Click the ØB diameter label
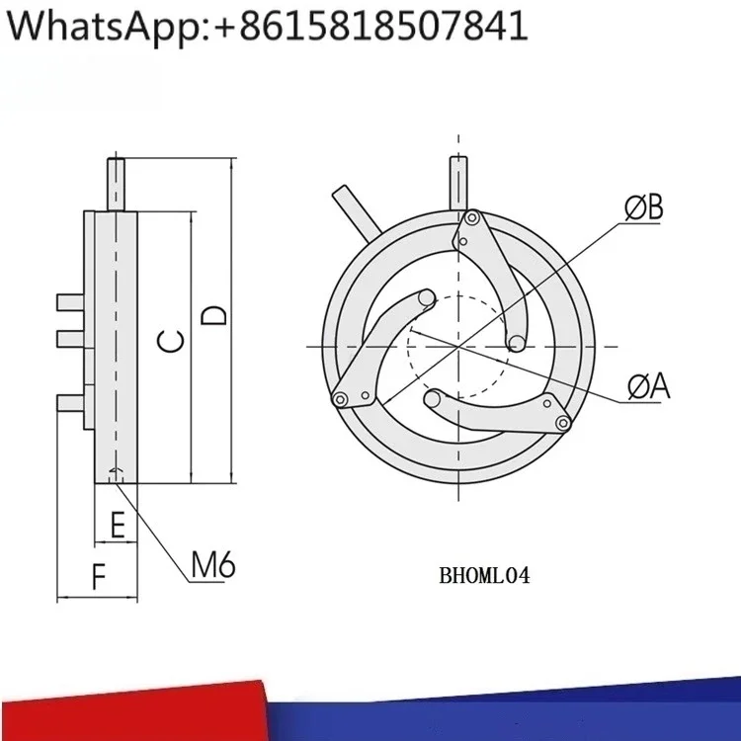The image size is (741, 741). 643,207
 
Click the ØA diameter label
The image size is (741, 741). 649,386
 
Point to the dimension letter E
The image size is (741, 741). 118,525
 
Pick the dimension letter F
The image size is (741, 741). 99,577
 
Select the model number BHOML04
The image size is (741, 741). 484,576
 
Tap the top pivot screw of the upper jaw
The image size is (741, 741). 472,218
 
